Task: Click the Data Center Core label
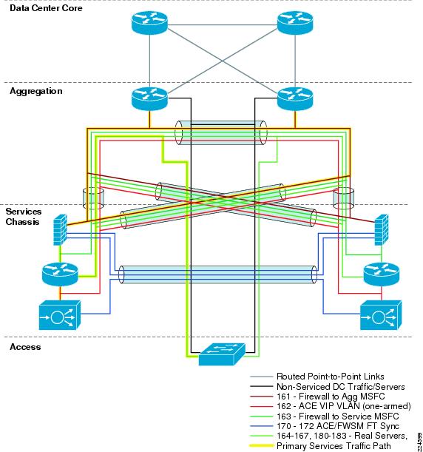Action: [46, 8]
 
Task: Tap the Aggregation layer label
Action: [36, 91]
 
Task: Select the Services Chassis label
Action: [24, 217]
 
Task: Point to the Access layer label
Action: [25, 347]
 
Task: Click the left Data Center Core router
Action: [149, 23]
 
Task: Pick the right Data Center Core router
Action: [295, 23]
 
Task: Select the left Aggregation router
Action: [149, 99]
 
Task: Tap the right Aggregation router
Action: [295, 99]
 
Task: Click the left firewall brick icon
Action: [60, 230]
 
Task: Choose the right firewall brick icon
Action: [382, 230]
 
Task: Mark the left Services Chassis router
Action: [60, 274]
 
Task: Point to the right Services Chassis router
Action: [382, 274]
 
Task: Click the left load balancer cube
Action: [59, 315]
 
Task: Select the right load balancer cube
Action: [381, 315]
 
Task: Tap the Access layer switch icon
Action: [222, 354]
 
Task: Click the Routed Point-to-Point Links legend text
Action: [331, 377]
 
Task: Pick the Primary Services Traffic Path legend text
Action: [334, 445]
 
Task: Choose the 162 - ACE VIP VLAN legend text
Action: [343, 406]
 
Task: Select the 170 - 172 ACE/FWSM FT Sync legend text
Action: [338, 426]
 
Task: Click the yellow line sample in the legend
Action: [261, 445]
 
